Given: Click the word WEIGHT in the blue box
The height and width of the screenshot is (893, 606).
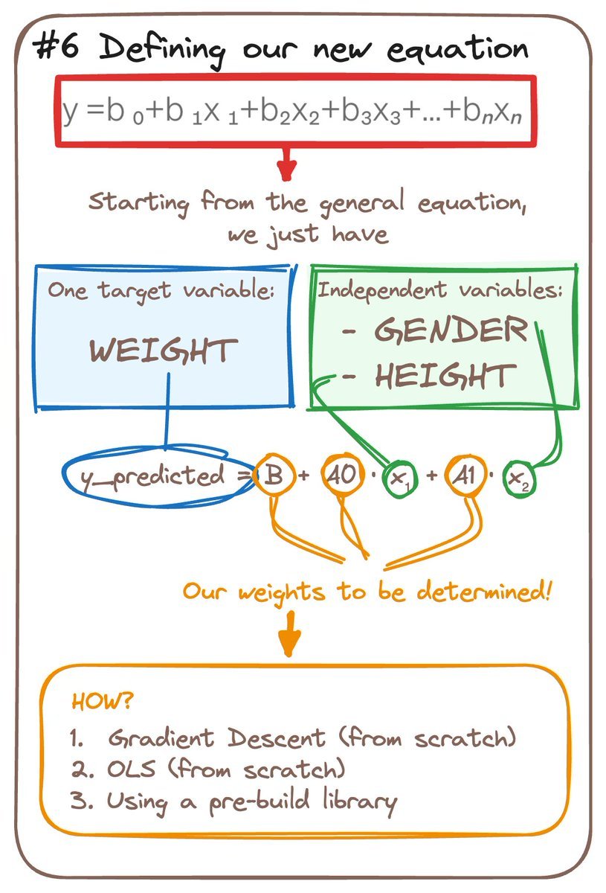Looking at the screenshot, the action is pos(164,351).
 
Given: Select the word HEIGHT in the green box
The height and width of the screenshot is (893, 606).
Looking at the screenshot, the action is pos(445,376).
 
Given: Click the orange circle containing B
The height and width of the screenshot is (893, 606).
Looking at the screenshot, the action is pos(272,476).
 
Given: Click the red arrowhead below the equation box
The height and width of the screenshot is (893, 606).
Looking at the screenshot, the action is pos(286,168).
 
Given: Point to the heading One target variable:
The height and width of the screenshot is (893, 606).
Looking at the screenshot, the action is pos(161,291).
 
